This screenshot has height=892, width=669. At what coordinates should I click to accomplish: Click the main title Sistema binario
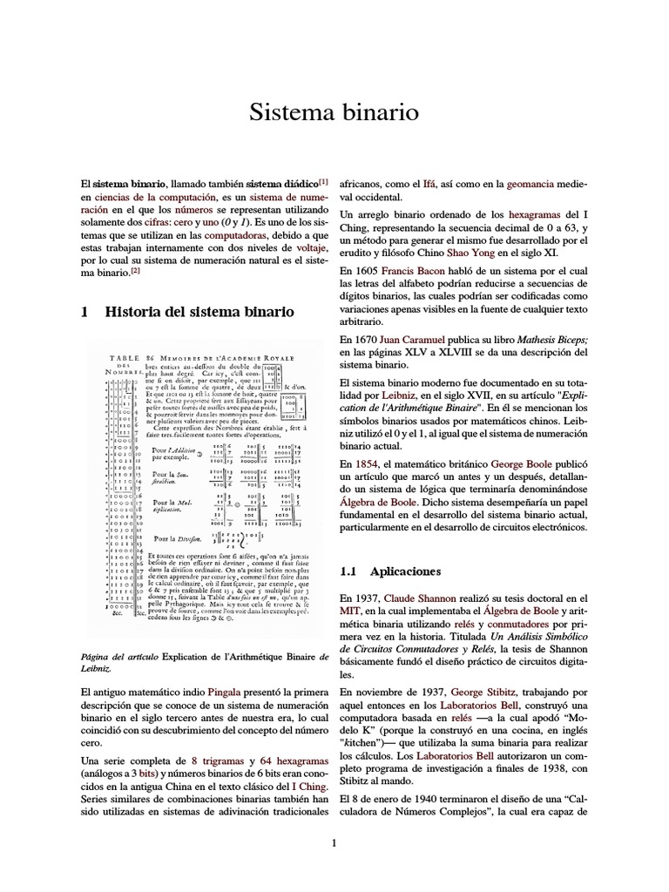coord(334,112)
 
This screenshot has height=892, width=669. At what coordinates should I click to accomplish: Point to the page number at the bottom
coord(334,841)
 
